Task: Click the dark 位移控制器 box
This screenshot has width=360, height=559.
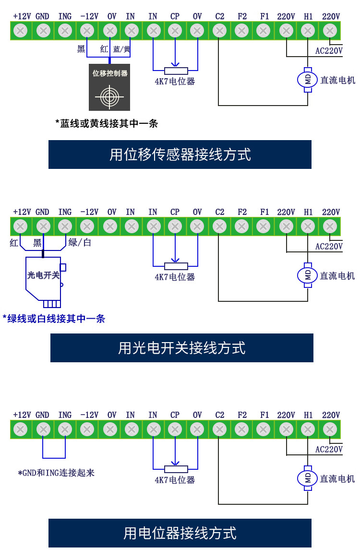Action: pos(109,87)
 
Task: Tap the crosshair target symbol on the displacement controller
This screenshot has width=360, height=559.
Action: pos(109,96)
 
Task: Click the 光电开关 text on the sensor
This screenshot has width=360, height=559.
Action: pos(43,275)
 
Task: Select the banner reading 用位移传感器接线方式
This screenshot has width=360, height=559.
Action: pos(180,155)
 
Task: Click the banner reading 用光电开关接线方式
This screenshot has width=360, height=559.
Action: pos(181,348)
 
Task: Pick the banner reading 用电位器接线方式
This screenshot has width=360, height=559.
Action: pos(180,533)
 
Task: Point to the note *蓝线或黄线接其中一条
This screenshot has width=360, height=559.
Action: pos(107,123)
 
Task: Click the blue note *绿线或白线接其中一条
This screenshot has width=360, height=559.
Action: pos(54,319)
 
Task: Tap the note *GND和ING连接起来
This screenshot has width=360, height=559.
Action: pos(56,473)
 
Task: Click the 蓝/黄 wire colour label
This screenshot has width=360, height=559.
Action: pos(122,49)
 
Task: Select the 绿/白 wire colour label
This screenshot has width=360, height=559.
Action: pos(80,242)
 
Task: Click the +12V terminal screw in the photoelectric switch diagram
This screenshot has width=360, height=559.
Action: pos(21,226)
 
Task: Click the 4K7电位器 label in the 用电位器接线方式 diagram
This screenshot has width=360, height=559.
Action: pos(175,480)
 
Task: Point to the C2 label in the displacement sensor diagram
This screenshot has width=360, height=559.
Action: pos(219,16)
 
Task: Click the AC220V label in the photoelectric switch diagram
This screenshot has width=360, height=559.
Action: pos(329,247)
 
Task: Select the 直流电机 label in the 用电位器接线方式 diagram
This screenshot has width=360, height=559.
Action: pos(337,479)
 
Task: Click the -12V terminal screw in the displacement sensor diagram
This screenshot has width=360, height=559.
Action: pos(87,31)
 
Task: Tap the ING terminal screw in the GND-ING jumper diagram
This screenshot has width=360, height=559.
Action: pos(65,429)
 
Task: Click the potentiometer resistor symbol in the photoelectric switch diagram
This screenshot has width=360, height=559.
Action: pos(176,266)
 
